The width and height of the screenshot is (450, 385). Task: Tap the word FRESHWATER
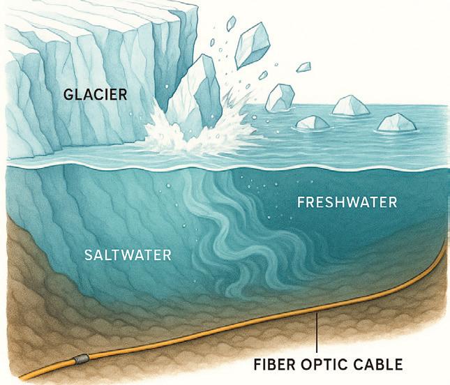[347, 203]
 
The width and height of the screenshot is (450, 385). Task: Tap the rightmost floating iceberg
[396, 123]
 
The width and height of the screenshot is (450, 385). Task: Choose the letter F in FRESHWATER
[301, 203]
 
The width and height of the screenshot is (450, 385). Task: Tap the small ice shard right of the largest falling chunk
[303, 67]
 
